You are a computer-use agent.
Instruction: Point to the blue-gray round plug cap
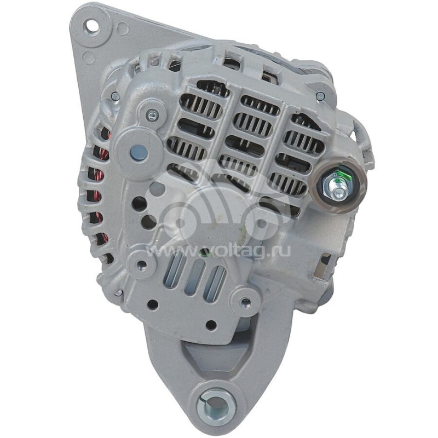pos(139,153)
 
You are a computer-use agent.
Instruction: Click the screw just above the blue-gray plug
pos(152,114)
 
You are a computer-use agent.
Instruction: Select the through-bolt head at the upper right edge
pos(320,96)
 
